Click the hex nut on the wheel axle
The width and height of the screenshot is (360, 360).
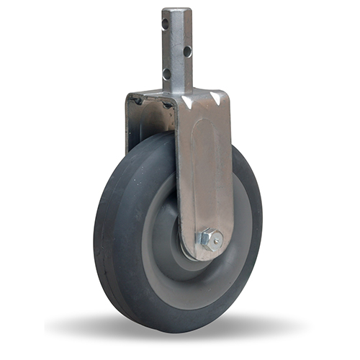210,238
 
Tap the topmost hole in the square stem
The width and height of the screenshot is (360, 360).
165,24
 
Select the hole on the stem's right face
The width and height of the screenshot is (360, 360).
186,51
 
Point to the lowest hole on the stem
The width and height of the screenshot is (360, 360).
166,73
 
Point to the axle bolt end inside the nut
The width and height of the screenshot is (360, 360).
211,238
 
